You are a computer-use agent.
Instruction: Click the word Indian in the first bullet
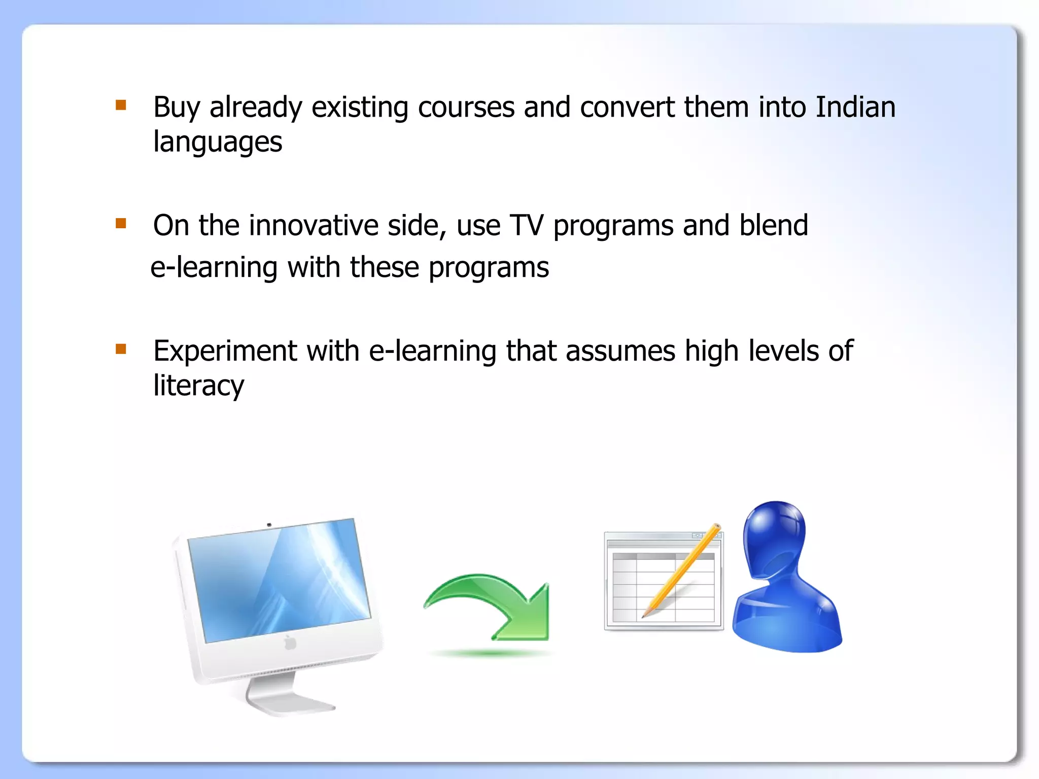pyautogui.click(x=855, y=108)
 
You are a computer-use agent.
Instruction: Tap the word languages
pyautogui.click(x=218, y=142)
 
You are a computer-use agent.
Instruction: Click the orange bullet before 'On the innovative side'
pyautogui.click(x=121, y=223)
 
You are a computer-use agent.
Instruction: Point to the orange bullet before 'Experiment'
pyautogui.click(x=121, y=348)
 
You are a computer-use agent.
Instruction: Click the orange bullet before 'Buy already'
pyautogui.click(x=121, y=105)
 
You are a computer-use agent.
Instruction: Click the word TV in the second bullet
pyautogui.click(x=526, y=226)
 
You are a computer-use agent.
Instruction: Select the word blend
pyautogui.click(x=773, y=225)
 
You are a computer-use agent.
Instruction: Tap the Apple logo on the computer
pyautogui.click(x=290, y=643)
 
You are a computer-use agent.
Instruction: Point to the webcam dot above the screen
pyautogui.click(x=269, y=524)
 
